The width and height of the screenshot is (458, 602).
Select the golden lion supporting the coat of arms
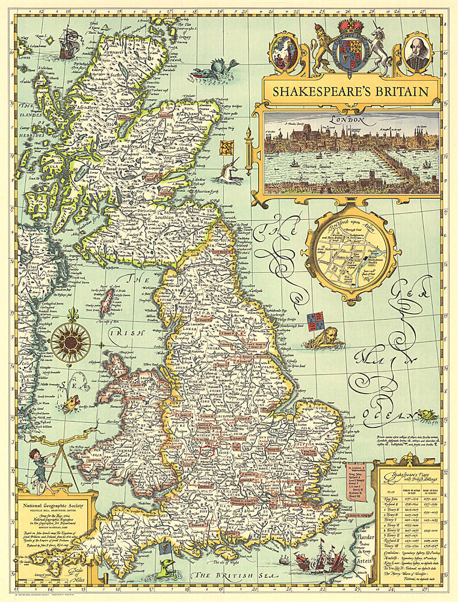point(320,51)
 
